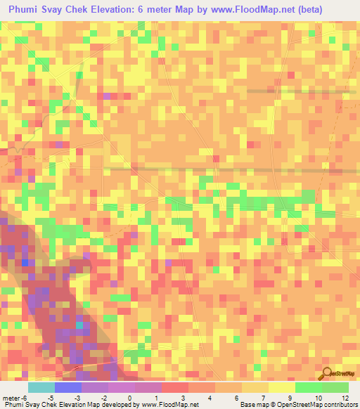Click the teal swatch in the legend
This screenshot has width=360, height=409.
(41, 387)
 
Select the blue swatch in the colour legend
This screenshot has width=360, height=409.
(67, 387)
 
